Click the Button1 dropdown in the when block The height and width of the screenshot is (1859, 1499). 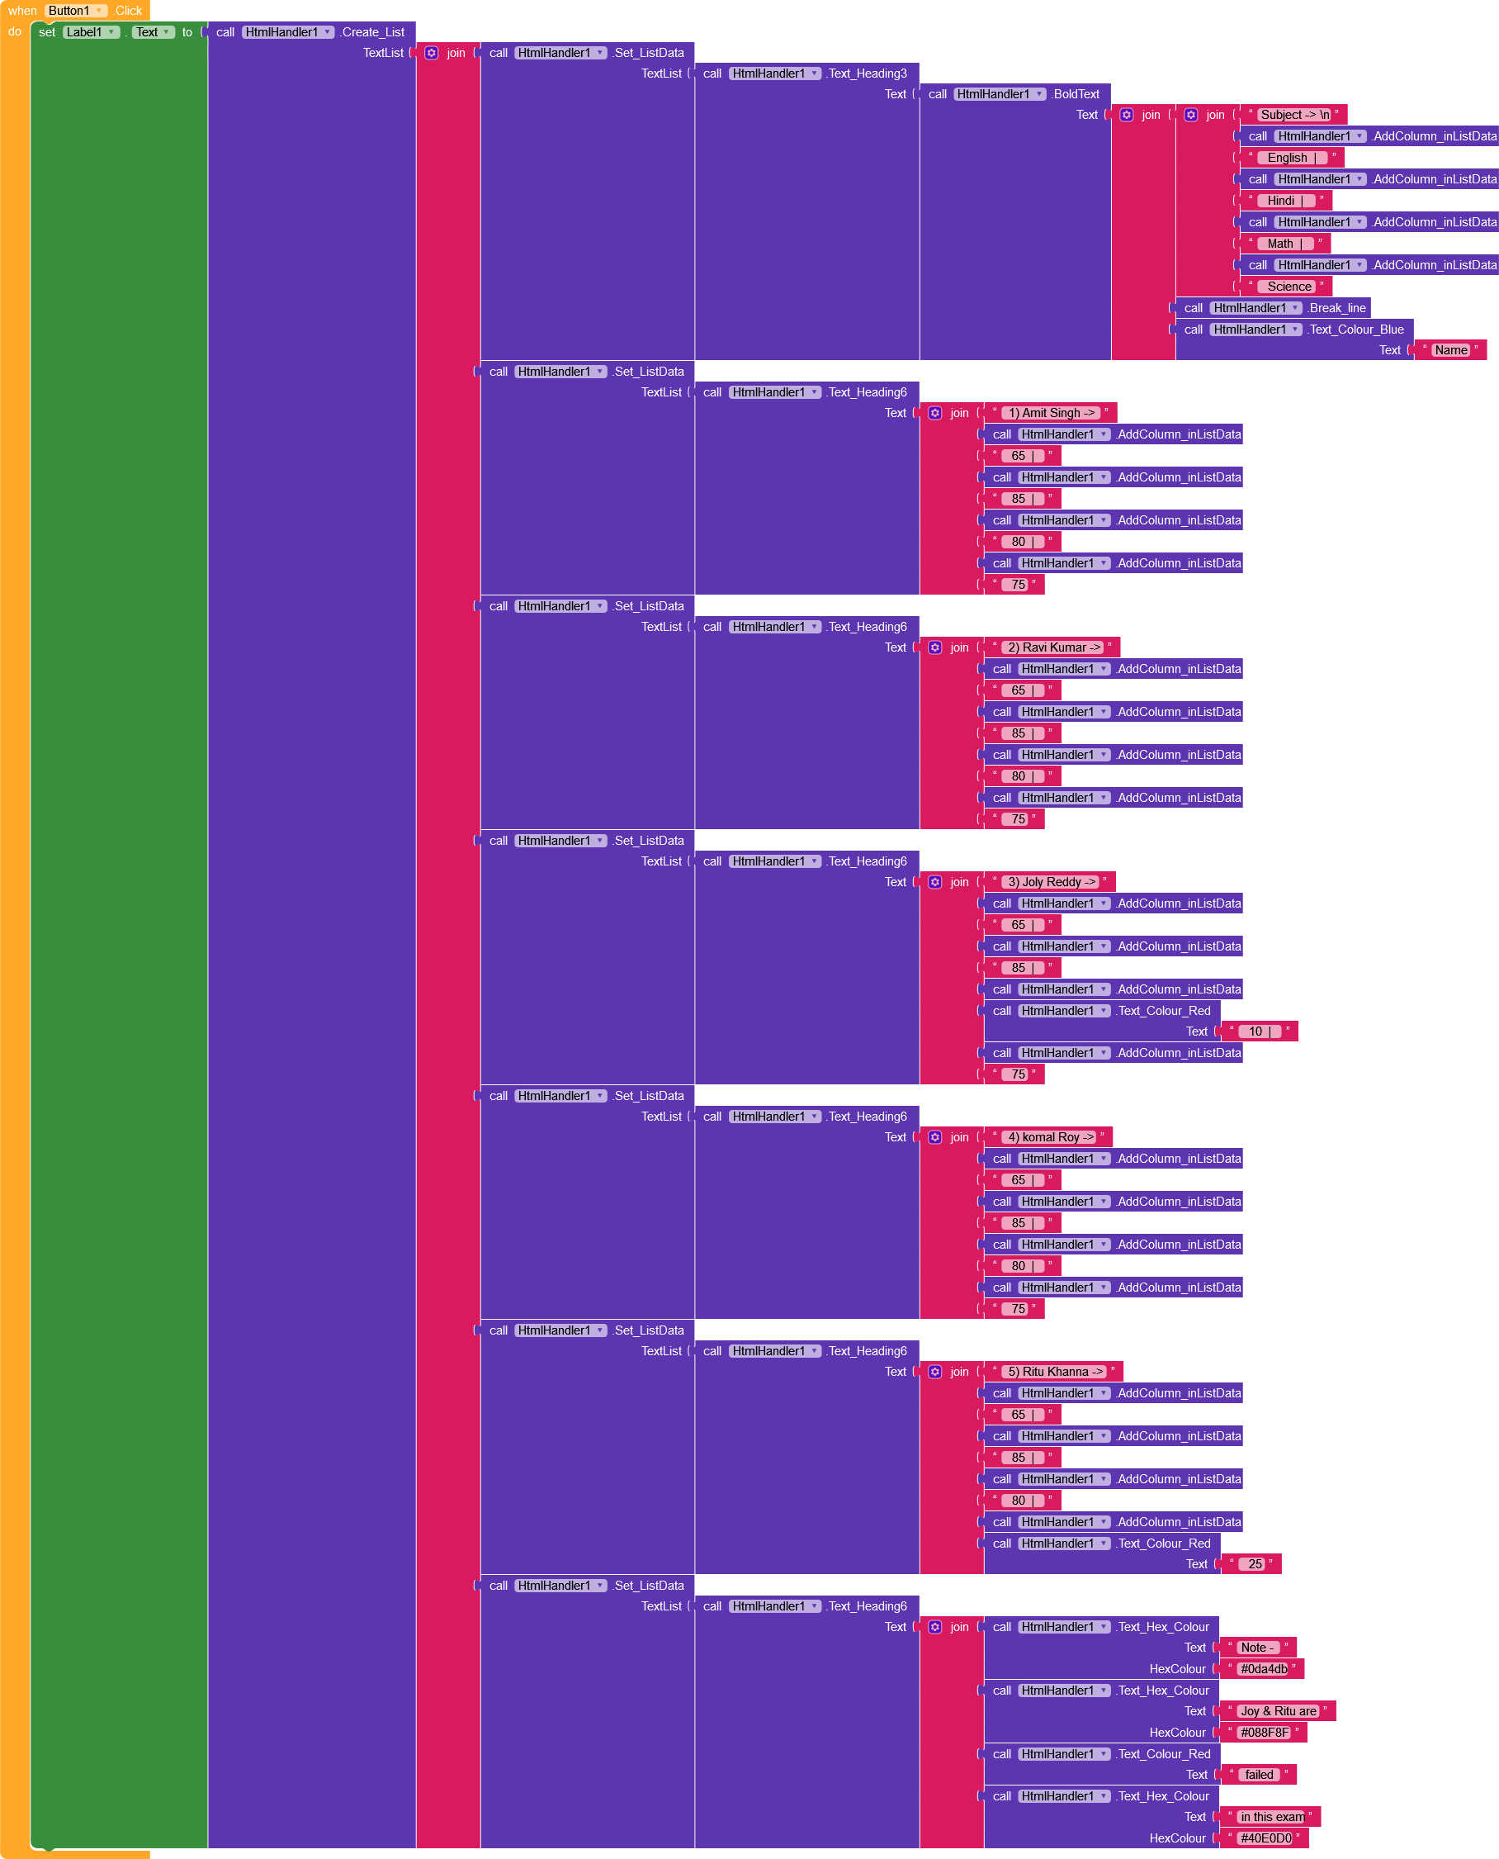coord(76,11)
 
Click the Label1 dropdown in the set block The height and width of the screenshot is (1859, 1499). coord(91,32)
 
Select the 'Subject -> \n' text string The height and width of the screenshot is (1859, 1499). coord(1293,115)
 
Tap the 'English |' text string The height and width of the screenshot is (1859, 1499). coord(1292,157)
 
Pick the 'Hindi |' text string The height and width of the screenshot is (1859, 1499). coord(1286,201)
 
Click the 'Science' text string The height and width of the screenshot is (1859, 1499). coord(1289,286)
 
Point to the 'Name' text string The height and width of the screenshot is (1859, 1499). coord(1450,350)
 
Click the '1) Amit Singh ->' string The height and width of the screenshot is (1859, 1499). coord(1050,413)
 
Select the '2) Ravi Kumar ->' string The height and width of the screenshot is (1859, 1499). coord(1053,647)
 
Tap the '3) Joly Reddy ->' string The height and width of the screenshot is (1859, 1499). coord(1051,882)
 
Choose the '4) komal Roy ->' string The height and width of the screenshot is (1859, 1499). coord(1049,1137)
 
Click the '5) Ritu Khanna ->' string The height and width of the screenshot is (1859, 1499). coord(1054,1372)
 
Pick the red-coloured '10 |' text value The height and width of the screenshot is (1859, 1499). coord(1259,1031)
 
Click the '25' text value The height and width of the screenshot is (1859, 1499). coord(1254,1564)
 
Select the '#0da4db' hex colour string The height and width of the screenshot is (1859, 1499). coord(1262,1669)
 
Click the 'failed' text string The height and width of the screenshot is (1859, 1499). coord(1258,1774)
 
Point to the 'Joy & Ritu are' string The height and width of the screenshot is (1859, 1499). coord(1277,1711)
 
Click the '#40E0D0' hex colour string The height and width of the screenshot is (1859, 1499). coord(1265,1838)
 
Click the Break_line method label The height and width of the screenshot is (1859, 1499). coord(1336,307)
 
